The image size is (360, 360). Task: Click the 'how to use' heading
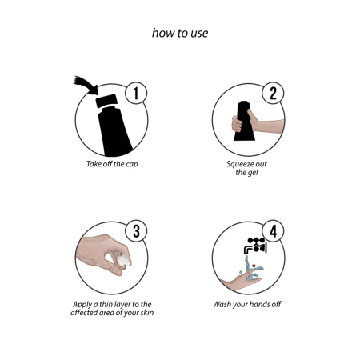180,33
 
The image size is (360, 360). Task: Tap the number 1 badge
136,93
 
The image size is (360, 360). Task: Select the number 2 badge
273,93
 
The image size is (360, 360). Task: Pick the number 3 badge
136,231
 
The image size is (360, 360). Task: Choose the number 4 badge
273,231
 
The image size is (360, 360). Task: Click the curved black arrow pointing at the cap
85,84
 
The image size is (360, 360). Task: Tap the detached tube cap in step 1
106,101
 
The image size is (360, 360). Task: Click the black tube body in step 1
114,132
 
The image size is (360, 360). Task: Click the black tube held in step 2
244,121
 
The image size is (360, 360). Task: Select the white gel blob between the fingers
124,260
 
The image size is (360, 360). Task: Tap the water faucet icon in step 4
255,246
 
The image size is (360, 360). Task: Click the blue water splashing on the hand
252,269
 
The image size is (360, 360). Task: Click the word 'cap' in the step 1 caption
132,164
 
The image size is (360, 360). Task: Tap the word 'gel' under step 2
253,173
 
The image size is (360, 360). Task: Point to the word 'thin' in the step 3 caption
106,304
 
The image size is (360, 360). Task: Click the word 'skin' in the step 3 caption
147,313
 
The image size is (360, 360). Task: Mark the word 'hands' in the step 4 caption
259,304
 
